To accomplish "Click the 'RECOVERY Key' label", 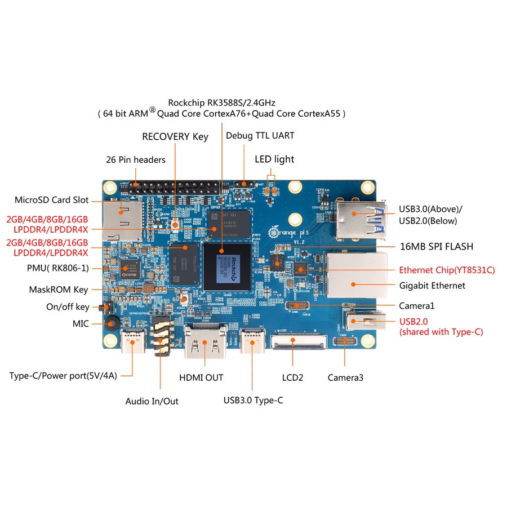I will coord(175,136).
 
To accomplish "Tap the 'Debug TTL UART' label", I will coord(260,135).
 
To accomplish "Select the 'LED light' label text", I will coord(274,159).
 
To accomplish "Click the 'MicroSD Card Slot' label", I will coord(51,200).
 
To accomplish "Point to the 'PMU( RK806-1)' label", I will coord(57,268).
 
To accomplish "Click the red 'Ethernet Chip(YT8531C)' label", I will coord(447,270).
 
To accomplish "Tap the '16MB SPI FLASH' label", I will coord(436,246).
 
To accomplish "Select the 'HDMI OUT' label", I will coord(201,377).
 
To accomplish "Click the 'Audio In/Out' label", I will coord(152,401).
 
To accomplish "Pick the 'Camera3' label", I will coord(345,377).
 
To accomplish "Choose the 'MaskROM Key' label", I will coord(59,290).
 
